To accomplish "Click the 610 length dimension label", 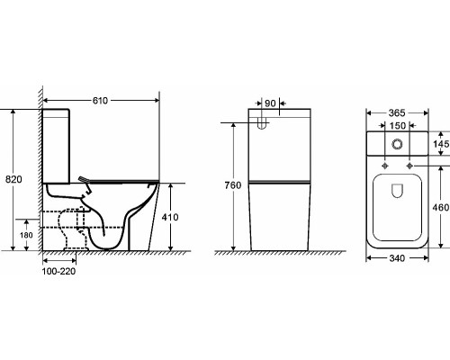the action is coord(100,101).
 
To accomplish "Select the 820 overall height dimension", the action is coord(13,179).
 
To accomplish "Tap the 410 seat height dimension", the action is coord(170,217).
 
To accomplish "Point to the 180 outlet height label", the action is coord(26,235).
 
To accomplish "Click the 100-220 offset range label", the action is coord(58,271).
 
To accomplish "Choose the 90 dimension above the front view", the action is coord(270,103).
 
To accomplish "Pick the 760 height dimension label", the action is coord(233,185).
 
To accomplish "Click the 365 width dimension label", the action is coord(397,113).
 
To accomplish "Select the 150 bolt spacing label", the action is coord(398,125).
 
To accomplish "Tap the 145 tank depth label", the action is coord(441,144).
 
